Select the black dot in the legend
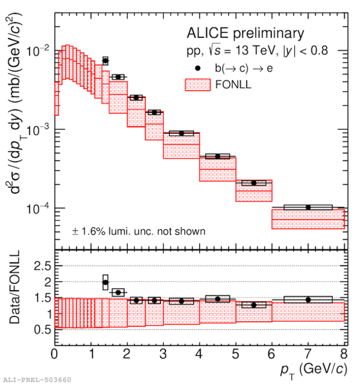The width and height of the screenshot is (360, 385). (x=199, y=68)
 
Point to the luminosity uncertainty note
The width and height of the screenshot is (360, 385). (x=138, y=231)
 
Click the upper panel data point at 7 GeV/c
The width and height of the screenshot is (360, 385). (x=308, y=207)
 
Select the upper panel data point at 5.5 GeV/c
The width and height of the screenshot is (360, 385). (x=254, y=183)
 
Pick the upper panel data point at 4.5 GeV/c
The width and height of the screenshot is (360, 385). (x=218, y=156)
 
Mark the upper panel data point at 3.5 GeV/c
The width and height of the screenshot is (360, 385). (x=181, y=133)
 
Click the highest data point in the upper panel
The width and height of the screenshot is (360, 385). (x=105, y=60)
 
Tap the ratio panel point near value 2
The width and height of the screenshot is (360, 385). (x=105, y=283)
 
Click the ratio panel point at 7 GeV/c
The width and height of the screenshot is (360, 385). (x=308, y=300)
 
